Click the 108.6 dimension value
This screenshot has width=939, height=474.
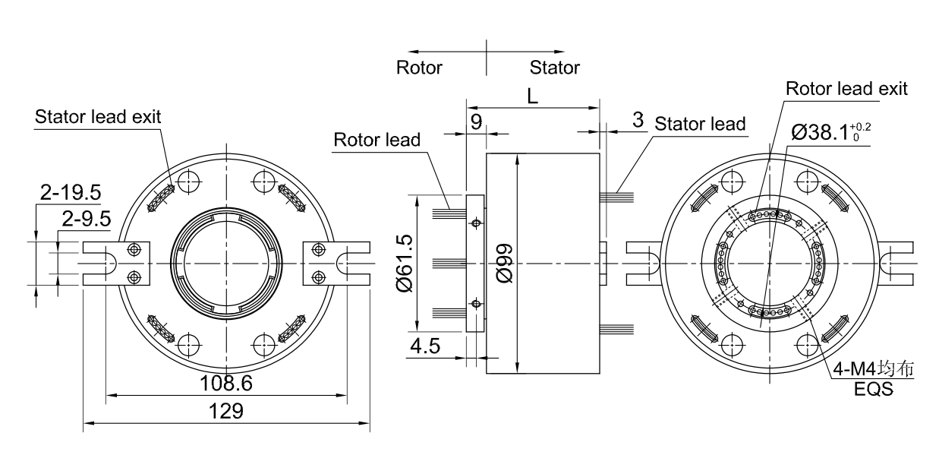pos(226,384)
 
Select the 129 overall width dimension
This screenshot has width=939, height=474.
pos(226,411)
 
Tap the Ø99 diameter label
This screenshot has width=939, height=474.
pos(504,264)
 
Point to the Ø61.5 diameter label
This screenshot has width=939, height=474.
pos(404,264)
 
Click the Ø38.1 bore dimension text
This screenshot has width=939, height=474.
pos(830,133)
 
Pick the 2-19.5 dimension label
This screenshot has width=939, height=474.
pos(71,192)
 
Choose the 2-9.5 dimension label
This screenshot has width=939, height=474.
pos(87,219)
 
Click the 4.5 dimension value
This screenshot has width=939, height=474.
pos(425,346)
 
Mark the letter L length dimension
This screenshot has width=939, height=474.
pos(532,97)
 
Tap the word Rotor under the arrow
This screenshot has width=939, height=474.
pos(419,68)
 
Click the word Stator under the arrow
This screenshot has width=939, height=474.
pos(555,68)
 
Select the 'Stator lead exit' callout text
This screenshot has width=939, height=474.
pos(98,117)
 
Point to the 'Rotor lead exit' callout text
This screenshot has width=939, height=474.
pos(846,89)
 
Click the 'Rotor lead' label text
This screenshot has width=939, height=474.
pos(377,140)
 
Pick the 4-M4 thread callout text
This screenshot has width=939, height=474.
pos(873,369)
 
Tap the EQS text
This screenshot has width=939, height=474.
pos(874,389)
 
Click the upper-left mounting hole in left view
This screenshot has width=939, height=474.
pos(189,182)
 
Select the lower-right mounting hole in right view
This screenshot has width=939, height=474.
pos(806,345)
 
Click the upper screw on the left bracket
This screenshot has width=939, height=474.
pos(134,250)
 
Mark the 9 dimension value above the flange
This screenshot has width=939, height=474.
pos(476,122)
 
